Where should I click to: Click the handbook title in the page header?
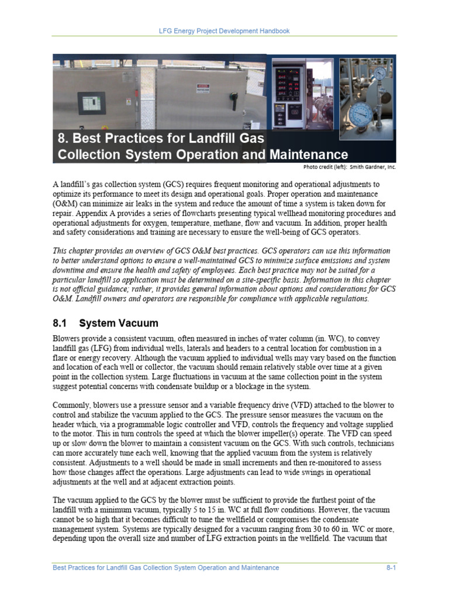click(x=225, y=30)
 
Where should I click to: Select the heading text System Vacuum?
click(x=119, y=323)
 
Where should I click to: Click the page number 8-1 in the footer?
click(x=391, y=567)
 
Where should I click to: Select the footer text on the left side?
click(x=165, y=567)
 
